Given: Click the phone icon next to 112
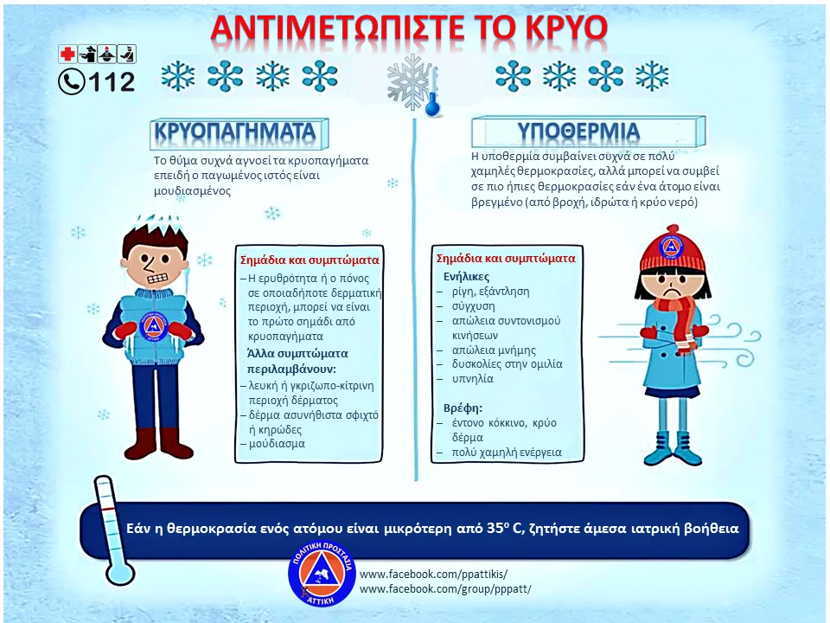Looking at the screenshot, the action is click(72, 82).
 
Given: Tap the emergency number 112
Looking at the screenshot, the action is click(112, 82).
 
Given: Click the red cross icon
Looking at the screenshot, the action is click(67, 54).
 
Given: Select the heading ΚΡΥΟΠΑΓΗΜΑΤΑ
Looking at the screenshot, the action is click(235, 132).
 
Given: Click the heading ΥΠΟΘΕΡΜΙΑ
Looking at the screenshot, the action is click(578, 132).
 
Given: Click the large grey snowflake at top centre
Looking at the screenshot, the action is click(410, 83).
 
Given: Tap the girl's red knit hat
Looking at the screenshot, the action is click(673, 248).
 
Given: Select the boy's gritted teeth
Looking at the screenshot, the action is click(157, 278).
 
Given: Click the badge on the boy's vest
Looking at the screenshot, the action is click(154, 327).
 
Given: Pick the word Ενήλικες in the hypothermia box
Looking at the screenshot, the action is click(466, 277).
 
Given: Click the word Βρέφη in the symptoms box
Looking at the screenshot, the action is click(463, 408).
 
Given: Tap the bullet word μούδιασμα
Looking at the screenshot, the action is click(277, 444).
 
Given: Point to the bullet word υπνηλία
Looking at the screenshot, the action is click(473, 379).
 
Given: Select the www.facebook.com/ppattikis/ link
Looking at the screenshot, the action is click(433, 575).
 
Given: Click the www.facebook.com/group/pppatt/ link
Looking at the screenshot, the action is click(445, 589).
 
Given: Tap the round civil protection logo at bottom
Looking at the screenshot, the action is click(322, 574).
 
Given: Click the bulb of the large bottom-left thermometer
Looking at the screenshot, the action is click(120, 572).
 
